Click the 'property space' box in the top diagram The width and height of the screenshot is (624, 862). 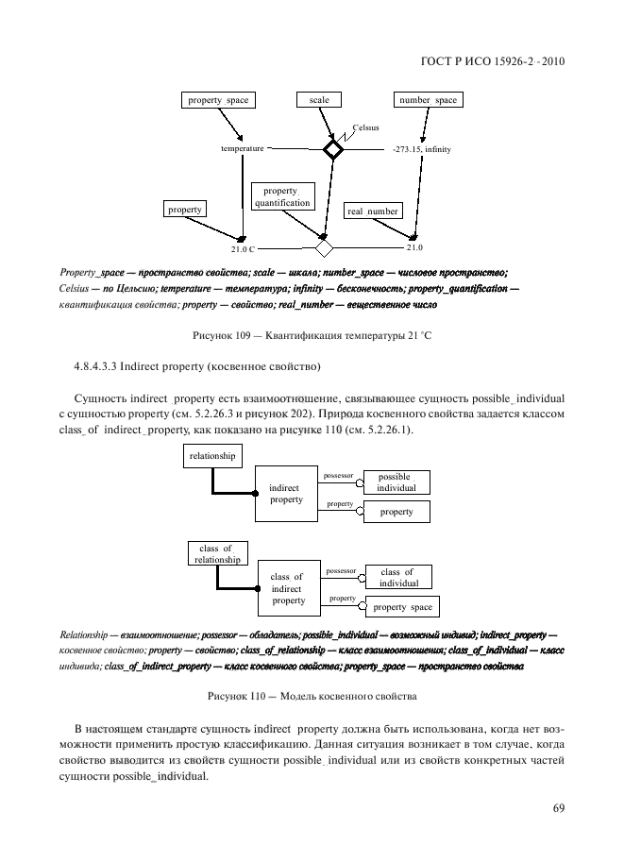click(218, 100)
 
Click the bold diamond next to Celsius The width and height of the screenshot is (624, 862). click(332, 149)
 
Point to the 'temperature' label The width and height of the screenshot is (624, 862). click(243, 149)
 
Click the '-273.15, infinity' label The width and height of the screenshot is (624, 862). click(421, 149)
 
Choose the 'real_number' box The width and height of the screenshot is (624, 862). click(372, 211)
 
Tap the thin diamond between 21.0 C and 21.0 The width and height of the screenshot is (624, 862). click(325, 248)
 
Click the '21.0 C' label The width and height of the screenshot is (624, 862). click(243, 249)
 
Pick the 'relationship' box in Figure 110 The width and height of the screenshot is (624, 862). click(211, 456)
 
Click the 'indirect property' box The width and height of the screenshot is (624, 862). click(286, 494)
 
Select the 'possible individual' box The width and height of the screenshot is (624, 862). click(396, 482)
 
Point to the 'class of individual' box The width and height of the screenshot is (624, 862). click(396, 578)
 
